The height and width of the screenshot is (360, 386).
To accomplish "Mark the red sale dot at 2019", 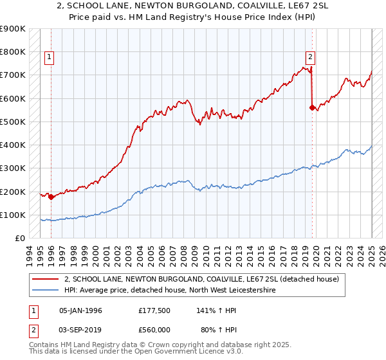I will [x=312, y=107].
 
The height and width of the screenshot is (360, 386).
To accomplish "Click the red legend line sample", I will [x=46, y=279].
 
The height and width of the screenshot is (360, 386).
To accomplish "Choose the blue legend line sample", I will [x=46, y=291].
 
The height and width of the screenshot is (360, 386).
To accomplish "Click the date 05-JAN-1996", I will [x=80, y=310].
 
